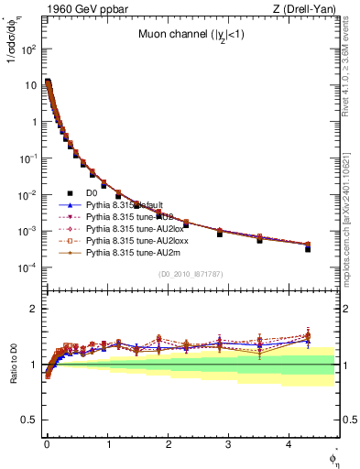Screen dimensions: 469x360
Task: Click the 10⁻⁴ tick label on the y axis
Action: coord(27,267)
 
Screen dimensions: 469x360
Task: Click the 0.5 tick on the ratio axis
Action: coord(29,420)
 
